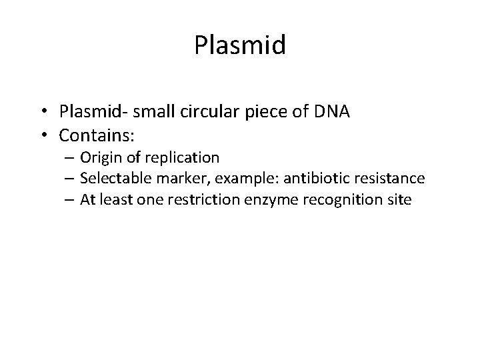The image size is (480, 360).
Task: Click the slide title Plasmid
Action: (240, 46)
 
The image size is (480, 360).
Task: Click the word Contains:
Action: (97, 136)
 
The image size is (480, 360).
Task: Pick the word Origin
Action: (99, 158)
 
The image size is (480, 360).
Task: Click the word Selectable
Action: (111, 178)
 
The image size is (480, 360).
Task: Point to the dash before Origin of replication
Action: (69, 158)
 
